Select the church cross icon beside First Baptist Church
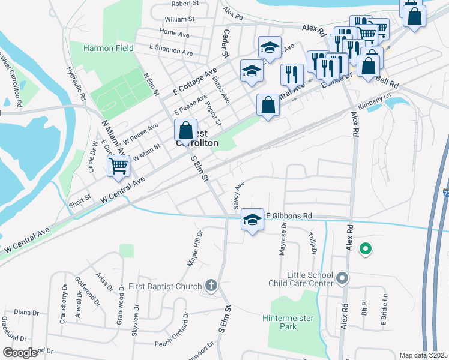[211, 286]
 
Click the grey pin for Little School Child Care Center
[342, 277]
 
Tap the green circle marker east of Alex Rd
[364, 247]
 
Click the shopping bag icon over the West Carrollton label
[186, 130]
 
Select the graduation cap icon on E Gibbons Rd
[252, 220]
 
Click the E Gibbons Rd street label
[289, 215]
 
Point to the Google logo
[20, 353]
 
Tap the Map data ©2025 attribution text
[423, 355]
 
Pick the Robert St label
[185, 4]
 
